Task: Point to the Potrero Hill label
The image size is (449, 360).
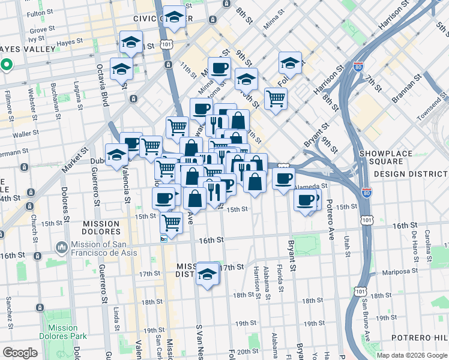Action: [420, 338]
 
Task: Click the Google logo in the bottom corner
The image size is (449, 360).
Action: [20, 353]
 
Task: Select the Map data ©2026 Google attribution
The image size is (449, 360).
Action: [412, 355]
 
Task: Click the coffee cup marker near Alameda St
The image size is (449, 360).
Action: [283, 178]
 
